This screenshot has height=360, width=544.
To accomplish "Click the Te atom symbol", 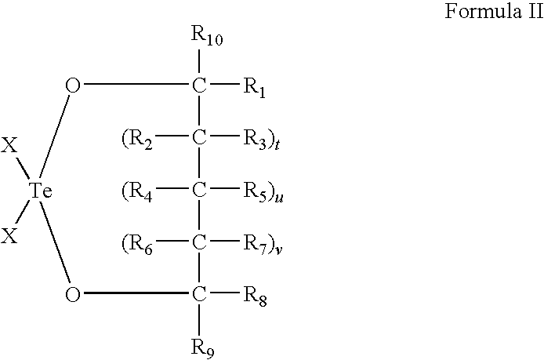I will click(x=39, y=191).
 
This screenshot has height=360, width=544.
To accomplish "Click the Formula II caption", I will click(x=489, y=13).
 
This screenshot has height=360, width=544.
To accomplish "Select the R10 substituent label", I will click(x=205, y=35).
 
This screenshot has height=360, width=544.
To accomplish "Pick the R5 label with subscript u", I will click(x=258, y=191).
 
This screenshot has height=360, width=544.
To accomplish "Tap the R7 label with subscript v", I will click(x=257, y=244).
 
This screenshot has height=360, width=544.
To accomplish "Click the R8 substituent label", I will click(x=255, y=296).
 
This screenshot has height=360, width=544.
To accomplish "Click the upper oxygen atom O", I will click(x=72, y=85).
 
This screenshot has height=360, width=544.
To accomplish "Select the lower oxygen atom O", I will click(x=72, y=295).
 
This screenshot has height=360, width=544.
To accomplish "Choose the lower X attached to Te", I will click(x=9, y=235).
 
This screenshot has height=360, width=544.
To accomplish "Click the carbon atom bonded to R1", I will click(x=199, y=85).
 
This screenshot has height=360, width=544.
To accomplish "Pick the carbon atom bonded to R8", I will click(x=199, y=295).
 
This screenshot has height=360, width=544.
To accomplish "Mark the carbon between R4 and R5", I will click(x=199, y=191).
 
